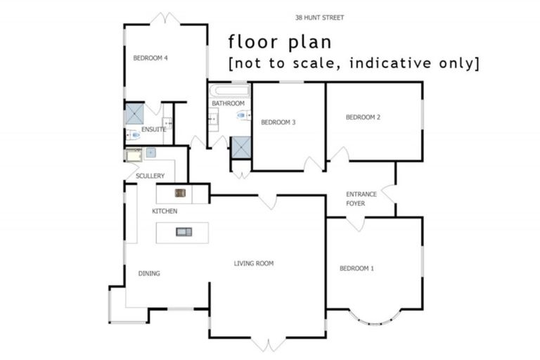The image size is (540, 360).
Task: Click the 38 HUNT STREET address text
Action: (x=320, y=17)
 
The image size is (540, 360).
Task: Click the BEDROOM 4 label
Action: (x=150, y=58)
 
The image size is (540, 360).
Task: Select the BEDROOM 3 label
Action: (x=278, y=122)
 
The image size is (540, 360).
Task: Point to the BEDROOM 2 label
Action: (x=363, y=117)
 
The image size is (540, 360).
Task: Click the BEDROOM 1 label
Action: (x=356, y=268)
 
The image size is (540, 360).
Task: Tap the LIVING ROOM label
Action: (x=254, y=264)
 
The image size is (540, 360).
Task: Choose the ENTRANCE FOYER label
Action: (x=361, y=199)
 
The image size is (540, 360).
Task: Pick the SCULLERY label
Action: (x=150, y=176)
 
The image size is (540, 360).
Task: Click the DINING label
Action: (x=149, y=274)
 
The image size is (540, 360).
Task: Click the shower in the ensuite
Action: (x=134, y=114)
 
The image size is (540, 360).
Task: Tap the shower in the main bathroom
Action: (x=240, y=146)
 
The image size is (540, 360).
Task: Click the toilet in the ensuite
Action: (x=134, y=134)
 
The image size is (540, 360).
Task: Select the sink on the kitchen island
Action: (x=184, y=231)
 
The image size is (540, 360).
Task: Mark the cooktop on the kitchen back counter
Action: (x=180, y=193)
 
